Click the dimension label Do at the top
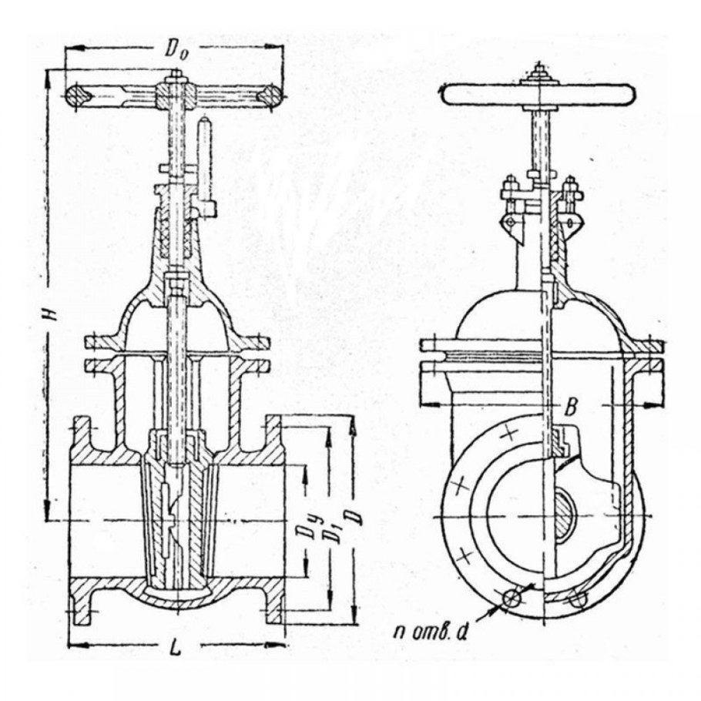[x=176, y=50]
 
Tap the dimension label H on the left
[x=52, y=314]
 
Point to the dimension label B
[x=571, y=407]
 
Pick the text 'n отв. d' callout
[x=430, y=632]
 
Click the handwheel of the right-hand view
[x=538, y=95]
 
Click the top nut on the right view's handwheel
[x=539, y=72]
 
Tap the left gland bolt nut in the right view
[x=510, y=185]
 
